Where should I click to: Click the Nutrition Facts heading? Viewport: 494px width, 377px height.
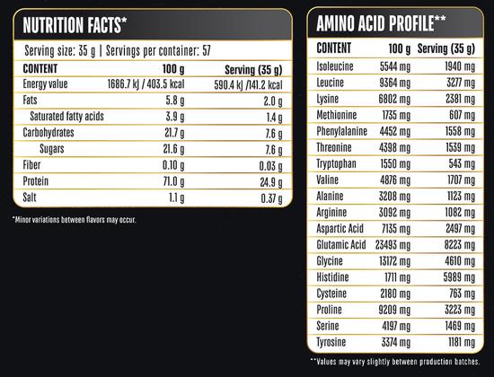pyautogui.click(x=75, y=25)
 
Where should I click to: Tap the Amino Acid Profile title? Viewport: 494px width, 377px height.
pyautogui.click(x=381, y=23)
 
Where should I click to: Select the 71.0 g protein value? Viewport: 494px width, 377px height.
pyautogui.click(x=173, y=181)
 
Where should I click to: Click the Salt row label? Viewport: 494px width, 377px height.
pyautogui.click(x=30, y=197)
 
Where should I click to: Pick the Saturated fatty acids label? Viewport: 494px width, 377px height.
pyautogui.click(x=66, y=116)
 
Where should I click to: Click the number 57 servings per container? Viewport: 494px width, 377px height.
pyautogui.click(x=207, y=50)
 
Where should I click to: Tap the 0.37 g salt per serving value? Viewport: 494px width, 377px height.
pyautogui.click(x=271, y=198)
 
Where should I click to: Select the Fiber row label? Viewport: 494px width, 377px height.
pyautogui.click(x=31, y=165)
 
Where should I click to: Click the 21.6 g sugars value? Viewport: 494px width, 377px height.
pyautogui.click(x=173, y=149)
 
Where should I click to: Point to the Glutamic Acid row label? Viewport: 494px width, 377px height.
pyautogui.click(x=341, y=245)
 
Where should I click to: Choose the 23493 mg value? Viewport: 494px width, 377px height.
pyautogui.click(x=393, y=245)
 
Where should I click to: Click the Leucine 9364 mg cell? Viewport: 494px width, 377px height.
pyautogui.click(x=395, y=83)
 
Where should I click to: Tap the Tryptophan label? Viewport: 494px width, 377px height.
pyautogui.click(x=336, y=163)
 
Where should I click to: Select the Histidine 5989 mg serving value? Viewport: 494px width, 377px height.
pyautogui.click(x=459, y=277)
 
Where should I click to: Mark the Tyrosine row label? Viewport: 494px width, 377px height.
pyautogui.click(x=331, y=342)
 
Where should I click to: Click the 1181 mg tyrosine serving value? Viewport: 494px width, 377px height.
pyautogui.click(x=462, y=342)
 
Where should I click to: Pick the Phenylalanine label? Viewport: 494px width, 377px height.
pyautogui.click(x=342, y=131)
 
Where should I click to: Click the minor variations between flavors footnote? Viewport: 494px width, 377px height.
pyautogui.click(x=74, y=220)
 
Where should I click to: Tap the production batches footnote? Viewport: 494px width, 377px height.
pyautogui.click(x=395, y=362)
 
